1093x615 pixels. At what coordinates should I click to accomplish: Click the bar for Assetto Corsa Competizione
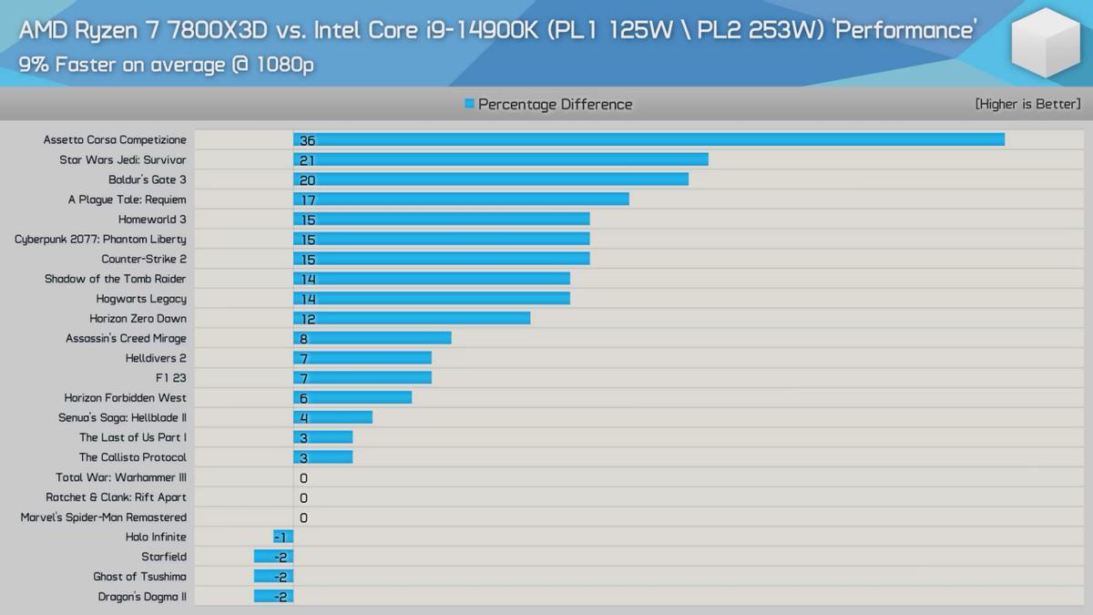(x=649, y=139)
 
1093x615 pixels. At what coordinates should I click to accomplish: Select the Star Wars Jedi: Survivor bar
(x=500, y=159)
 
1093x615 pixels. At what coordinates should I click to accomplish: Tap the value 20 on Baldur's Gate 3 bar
(x=307, y=180)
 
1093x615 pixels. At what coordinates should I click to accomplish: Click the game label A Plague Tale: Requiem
(x=127, y=200)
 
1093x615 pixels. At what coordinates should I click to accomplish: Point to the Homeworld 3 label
(x=152, y=220)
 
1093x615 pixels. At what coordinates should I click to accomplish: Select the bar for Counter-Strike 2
(x=441, y=259)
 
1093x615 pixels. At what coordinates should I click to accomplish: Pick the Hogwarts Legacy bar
(x=431, y=299)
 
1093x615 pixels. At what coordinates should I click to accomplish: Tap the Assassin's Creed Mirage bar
(x=372, y=338)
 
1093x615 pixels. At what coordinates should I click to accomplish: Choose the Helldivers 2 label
(x=156, y=358)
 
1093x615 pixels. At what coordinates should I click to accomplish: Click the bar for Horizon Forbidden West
(x=352, y=397)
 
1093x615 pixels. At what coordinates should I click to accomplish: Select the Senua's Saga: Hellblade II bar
(x=332, y=417)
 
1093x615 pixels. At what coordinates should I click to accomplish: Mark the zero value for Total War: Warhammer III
(x=303, y=478)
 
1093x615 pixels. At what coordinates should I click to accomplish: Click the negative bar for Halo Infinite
(x=283, y=537)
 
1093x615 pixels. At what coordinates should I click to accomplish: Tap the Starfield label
(x=164, y=557)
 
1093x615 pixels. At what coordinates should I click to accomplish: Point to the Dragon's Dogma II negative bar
(x=273, y=597)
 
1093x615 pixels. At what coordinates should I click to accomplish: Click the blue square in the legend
(x=469, y=104)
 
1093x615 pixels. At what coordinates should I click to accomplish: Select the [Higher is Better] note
(x=1027, y=104)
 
